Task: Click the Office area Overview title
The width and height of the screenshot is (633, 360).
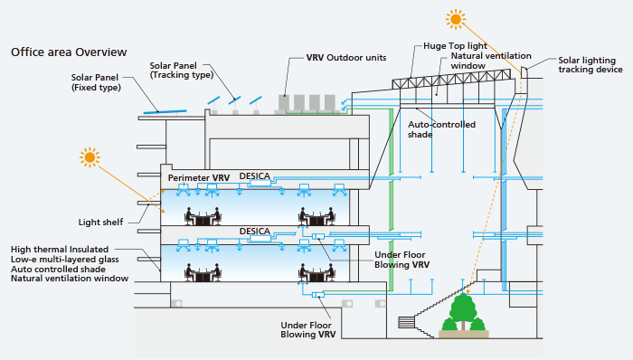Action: pos(69,52)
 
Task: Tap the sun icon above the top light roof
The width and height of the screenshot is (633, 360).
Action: pos(456,19)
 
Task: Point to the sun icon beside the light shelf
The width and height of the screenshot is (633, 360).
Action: pos(90,157)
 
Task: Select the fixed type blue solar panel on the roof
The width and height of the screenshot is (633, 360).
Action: pos(165,111)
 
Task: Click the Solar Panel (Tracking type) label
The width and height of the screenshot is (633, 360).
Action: pos(181,71)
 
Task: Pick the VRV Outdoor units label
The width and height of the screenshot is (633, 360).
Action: pos(346,58)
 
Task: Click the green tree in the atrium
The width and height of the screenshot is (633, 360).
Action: pos(463,312)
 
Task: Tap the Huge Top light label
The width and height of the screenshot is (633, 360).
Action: pos(455,46)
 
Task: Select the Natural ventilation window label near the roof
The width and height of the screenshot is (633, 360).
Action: pos(491,61)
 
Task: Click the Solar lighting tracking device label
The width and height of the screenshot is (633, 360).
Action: pos(590,64)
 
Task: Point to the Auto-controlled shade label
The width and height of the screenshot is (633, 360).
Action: pos(441,129)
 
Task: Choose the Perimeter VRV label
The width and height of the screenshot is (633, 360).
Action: pos(199,177)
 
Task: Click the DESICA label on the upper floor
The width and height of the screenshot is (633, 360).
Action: pos(254,176)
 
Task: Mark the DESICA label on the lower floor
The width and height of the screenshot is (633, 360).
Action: pos(254,232)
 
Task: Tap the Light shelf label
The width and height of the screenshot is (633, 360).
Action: pos(100,222)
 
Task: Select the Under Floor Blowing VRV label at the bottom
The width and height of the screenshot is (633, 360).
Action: pos(308,330)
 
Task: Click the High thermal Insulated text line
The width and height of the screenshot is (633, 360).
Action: pos(60,250)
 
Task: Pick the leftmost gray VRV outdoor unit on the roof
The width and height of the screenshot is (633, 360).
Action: pos(284,103)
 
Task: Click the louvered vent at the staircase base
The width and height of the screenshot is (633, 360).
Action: pos(407,323)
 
